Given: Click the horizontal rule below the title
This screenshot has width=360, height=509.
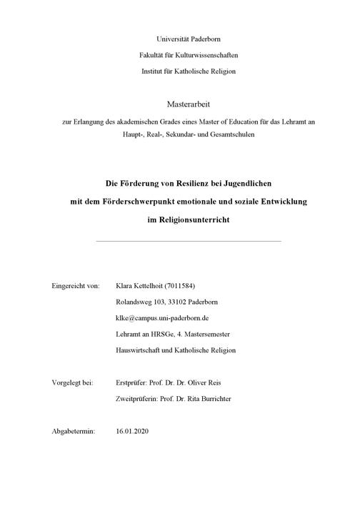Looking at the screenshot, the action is tap(188, 241).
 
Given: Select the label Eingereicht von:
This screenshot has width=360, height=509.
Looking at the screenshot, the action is tap(75, 285).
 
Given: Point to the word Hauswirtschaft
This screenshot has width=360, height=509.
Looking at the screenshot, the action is tap(140, 350).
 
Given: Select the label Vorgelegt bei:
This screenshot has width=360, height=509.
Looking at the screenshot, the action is tap(73, 382).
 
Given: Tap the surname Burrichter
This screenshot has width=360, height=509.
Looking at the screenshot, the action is tap(233, 399).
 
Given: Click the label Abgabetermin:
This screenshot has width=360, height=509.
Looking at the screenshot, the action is tap(74, 432).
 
